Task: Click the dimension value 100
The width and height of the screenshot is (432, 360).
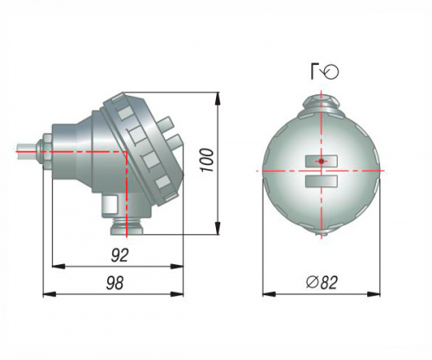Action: pos(207,161)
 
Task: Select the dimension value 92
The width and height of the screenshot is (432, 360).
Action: pos(119,256)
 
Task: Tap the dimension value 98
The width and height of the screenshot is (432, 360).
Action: pos(115,283)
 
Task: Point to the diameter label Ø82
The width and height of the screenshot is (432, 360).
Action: pos(321,282)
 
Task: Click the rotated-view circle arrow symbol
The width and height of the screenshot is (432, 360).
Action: pos(331,72)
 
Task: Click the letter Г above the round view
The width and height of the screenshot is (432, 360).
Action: pos(314,72)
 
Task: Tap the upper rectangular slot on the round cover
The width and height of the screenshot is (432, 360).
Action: pos(321,161)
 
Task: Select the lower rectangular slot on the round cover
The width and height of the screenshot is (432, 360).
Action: pos(321,181)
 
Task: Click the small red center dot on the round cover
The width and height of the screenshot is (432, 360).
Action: pos(321,161)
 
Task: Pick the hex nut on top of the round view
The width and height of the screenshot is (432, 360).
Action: pos(321,103)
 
